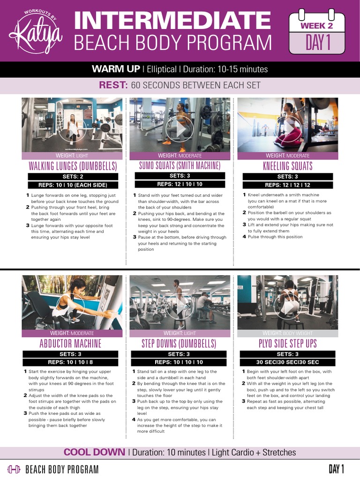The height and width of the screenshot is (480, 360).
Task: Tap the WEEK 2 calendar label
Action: click(x=316, y=26)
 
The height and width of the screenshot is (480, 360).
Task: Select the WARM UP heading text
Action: click(x=116, y=69)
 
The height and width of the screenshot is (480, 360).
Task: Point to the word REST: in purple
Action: click(x=113, y=85)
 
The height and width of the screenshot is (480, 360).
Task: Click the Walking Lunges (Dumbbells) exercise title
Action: click(x=73, y=166)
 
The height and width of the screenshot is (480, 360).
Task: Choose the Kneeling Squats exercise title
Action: click(x=287, y=166)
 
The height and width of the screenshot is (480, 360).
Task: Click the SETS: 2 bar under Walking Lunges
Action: click(x=72, y=177)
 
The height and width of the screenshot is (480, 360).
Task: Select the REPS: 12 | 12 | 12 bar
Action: click(x=287, y=185)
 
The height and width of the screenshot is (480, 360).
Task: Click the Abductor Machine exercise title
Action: click(x=71, y=344)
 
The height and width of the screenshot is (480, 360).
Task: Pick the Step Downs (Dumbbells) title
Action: click(x=179, y=344)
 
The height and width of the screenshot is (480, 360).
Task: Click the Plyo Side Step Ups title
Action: click(x=287, y=344)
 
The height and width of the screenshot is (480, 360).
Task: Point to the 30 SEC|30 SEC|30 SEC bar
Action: click(x=287, y=362)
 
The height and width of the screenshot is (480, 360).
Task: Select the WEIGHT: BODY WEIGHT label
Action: click(x=287, y=333)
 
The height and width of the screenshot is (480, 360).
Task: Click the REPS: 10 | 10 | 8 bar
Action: click(x=71, y=362)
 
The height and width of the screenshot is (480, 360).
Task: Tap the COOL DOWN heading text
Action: click(x=94, y=452)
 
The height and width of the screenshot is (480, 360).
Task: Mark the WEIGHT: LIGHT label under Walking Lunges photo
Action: click(x=72, y=156)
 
